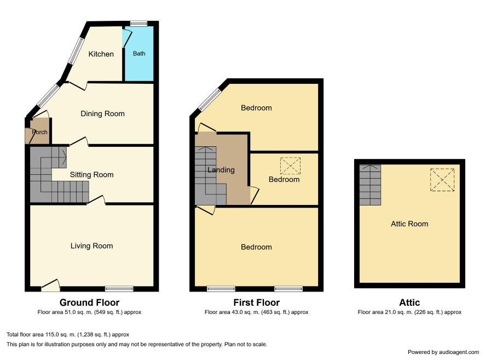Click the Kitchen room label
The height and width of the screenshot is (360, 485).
pos(101,54)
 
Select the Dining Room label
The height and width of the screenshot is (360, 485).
pos(102,114)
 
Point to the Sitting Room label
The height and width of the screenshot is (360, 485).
pos(91,175)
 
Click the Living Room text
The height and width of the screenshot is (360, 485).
pos(91,246)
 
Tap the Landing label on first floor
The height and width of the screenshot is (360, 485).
pos(221,170)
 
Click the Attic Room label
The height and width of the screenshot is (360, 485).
pos(409,224)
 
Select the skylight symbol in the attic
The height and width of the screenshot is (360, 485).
pos(442,180)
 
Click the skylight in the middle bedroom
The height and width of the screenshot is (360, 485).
pos(290,166)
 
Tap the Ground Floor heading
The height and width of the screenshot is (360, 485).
pos(89,302)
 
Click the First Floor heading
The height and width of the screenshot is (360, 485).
pos(256,302)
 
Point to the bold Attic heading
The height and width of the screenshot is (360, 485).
pos(409,302)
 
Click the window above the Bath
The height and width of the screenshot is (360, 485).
pos(138,24)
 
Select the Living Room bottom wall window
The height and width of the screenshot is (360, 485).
pos(119,289)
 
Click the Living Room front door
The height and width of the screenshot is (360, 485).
pos(50,285)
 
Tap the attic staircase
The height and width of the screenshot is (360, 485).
pos(370,185)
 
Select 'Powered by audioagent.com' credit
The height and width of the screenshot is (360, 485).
pos(443,352)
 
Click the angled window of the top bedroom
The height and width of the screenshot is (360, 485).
pos(210,100)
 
